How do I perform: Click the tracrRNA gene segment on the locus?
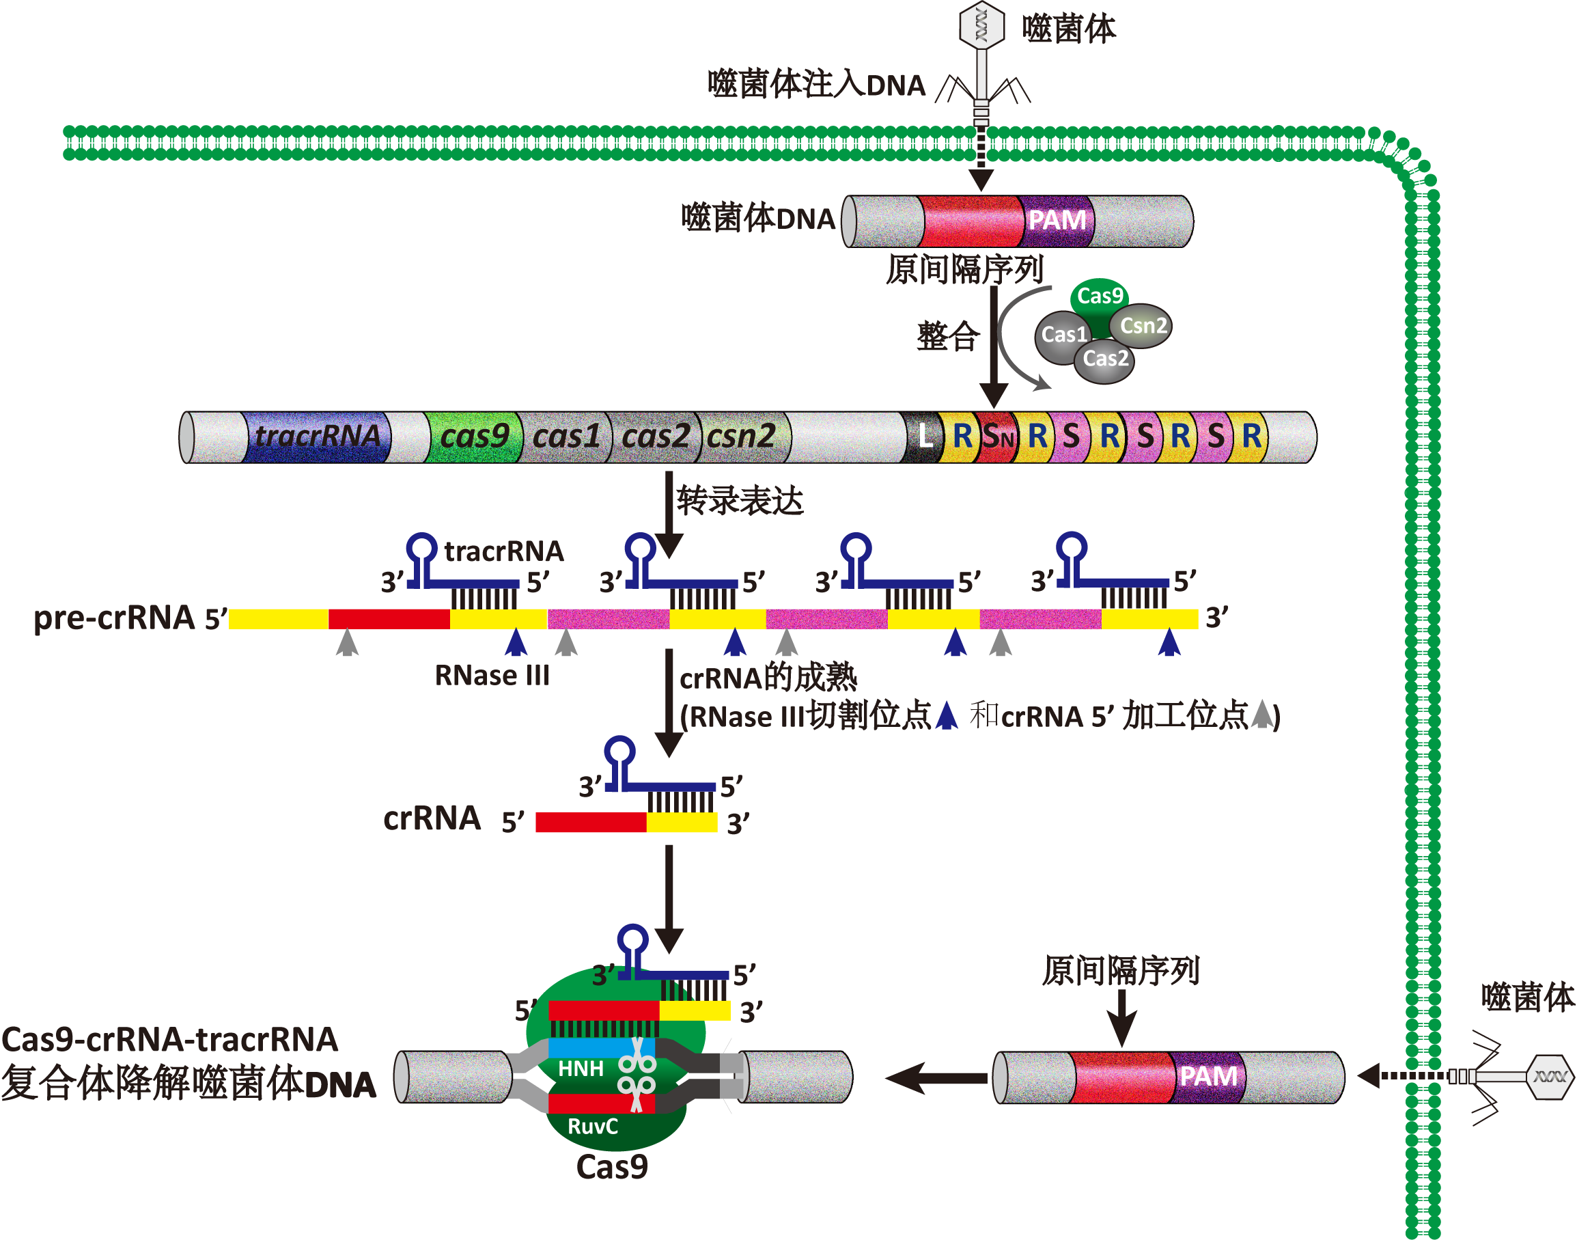coord(316,437)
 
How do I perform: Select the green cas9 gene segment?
coord(474,437)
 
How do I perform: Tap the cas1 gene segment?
coord(566,437)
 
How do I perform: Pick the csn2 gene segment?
coord(742,437)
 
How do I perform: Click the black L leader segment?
coord(923,437)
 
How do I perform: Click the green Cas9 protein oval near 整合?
coord(1100,297)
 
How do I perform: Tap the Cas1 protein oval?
coord(1063,335)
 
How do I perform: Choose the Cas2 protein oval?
coord(1104,359)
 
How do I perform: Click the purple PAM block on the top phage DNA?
coord(1057,221)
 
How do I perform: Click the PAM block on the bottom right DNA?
coord(1208,1077)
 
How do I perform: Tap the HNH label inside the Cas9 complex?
coord(581,1069)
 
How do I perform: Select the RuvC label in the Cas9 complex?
coord(592,1127)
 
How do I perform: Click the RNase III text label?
coord(492,676)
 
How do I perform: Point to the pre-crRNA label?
coord(115,618)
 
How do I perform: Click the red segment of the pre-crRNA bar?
coord(389,619)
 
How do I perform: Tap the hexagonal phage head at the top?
coord(981,25)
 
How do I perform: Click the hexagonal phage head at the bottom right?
coord(1550,1077)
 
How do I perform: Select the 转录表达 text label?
coord(740,501)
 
